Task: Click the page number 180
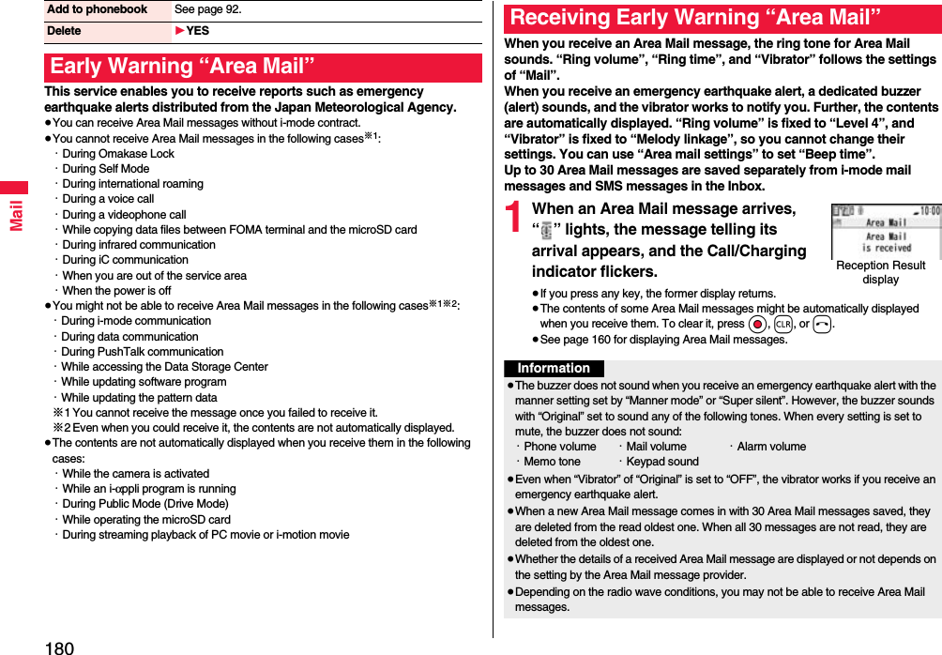[x=58, y=646]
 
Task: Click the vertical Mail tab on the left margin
[x=15, y=215]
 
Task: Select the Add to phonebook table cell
[x=98, y=9]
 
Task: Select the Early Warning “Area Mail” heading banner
[x=263, y=68]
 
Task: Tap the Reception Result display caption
[x=880, y=272]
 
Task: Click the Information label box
[x=554, y=369]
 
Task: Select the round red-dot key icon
[x=758, y=325]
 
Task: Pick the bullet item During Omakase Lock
[x=117, y=154]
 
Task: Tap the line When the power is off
[x=116, y=291]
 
